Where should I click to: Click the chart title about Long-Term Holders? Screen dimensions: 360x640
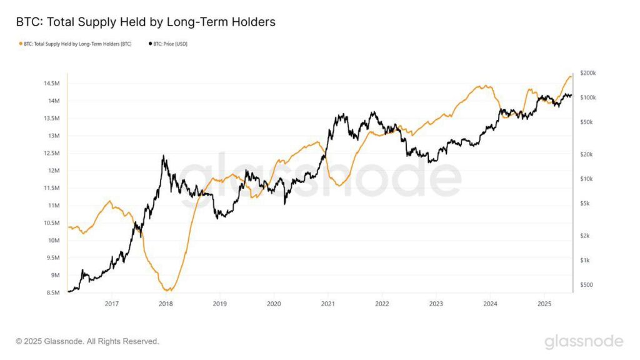pyautogui.click(x=146, y=22)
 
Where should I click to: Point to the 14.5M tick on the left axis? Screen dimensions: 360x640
pyautogui.click(x=51, y=83)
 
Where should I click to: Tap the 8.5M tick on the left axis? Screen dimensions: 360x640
pyautogui.click(x=52, y=292)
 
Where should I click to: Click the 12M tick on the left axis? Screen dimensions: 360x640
pyautogui.click(x=53, y=171)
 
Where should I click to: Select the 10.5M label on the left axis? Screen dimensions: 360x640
pyautogui.click(x=51, y=223)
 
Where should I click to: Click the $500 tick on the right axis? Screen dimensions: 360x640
pyautogui.click(x=586, y=285)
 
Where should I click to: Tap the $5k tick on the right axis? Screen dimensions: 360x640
pyautogui.click(x=585, y=203)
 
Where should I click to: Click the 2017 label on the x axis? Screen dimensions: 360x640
pyautogui.click(x=111, y=304)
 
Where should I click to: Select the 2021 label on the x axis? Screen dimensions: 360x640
pyautogui.click(x=327, y=304)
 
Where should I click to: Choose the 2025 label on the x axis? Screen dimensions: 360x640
pyautogui.click(x=544, y=304)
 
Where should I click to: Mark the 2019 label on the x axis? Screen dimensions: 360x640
pyautogui.click(x=219, y=304)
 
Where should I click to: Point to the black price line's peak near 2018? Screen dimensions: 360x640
pyautogui.click(x=163, y=156)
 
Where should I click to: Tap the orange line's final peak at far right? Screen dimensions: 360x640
pyautogui.click(x=570, y=76)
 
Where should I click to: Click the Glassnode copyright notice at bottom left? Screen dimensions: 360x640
pyautogui.click(x=87, y=341)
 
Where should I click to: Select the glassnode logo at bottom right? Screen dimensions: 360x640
pyautogui.click(x=583, y=341)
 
